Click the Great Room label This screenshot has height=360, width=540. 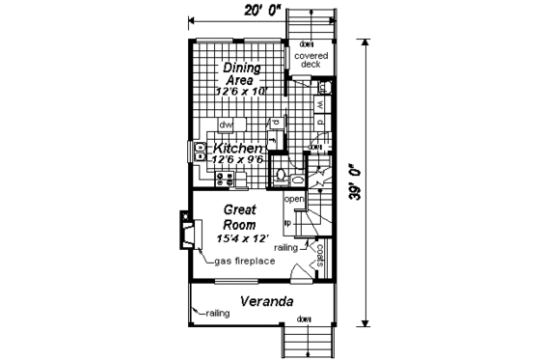237,215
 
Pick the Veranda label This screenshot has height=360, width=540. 266,301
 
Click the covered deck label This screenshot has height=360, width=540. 311,61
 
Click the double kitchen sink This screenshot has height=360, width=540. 197,150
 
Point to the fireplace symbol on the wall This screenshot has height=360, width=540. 186,231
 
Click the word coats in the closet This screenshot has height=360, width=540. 320,255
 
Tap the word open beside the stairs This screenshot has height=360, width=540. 294,200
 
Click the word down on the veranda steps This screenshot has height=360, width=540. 307,319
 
